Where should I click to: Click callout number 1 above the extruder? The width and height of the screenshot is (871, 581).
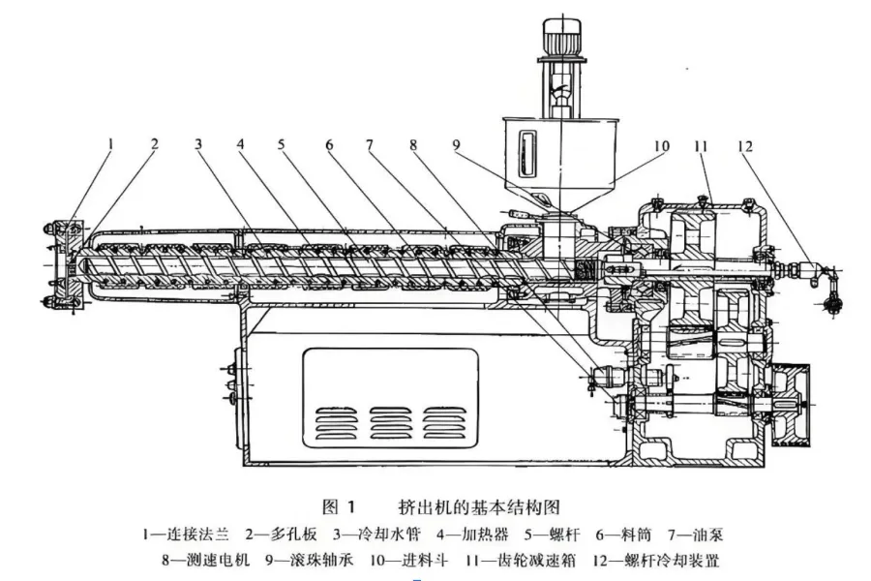click(x=110, y=144)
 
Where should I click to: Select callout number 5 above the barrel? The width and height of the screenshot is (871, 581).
click(x=281, y=144)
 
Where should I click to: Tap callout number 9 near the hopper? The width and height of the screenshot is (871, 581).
click(x=456, y=145)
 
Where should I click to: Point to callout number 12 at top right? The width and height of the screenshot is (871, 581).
click(x=745, y=146)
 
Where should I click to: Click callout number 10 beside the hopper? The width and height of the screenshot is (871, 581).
click(x=661, y=145)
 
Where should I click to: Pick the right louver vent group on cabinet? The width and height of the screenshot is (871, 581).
click(x=442, y=424)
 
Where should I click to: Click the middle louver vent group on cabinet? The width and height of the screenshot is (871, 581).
click(x=389, y=424)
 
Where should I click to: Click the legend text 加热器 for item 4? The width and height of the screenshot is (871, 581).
click(x=485, y=535)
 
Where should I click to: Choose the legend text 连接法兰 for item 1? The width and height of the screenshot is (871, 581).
click(x=197, y=535)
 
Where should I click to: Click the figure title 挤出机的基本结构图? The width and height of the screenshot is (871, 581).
click(x=479, y=507)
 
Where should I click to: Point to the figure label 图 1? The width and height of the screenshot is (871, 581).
click(x=339, y=507)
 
